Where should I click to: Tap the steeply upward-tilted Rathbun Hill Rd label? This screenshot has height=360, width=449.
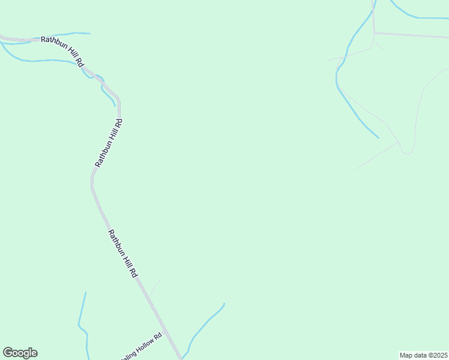pos(109,143)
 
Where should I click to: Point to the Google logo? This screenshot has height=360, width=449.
pos(20,353)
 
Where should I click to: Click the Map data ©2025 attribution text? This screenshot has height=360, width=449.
pos(423,355)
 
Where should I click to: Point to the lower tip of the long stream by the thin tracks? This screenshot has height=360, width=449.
pos(378,137)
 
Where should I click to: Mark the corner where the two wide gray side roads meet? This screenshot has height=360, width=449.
pos(374,32)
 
